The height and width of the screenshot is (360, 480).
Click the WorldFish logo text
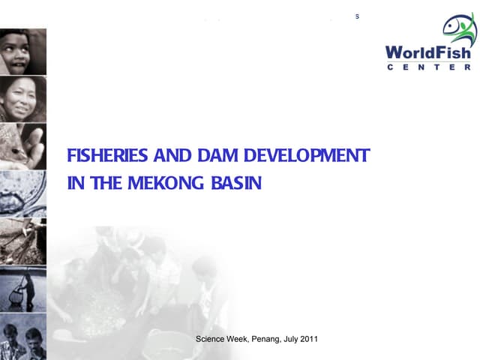[428, 53]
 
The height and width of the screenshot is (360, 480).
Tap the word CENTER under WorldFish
[428, 67]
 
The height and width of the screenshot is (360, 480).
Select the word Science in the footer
[211, 340]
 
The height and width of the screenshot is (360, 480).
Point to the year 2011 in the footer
[309, 340]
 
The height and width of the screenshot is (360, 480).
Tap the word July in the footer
[291, 340]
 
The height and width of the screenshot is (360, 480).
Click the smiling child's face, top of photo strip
[22, 49]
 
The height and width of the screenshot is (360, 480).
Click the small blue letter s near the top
[358, 16]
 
